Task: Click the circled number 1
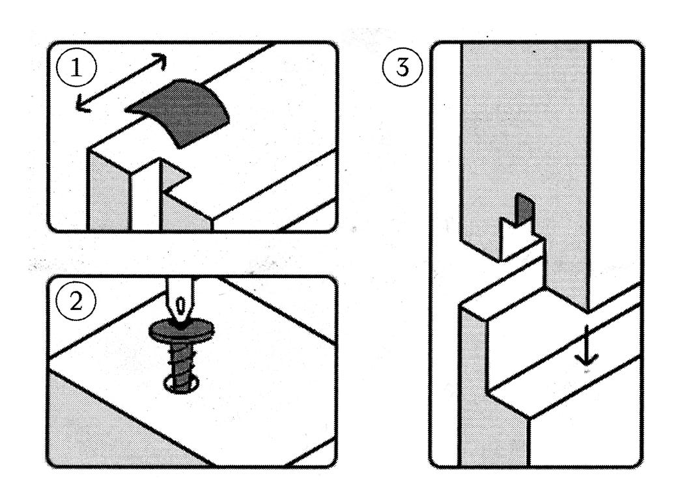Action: coord(76,68)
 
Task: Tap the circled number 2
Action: coord(76,301)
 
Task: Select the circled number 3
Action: coord(403,68)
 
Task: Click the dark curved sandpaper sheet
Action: coord(178,113)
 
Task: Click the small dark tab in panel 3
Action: coord(525,210)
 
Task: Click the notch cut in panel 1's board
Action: coord(175,176)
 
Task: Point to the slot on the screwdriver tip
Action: coord(181,305)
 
